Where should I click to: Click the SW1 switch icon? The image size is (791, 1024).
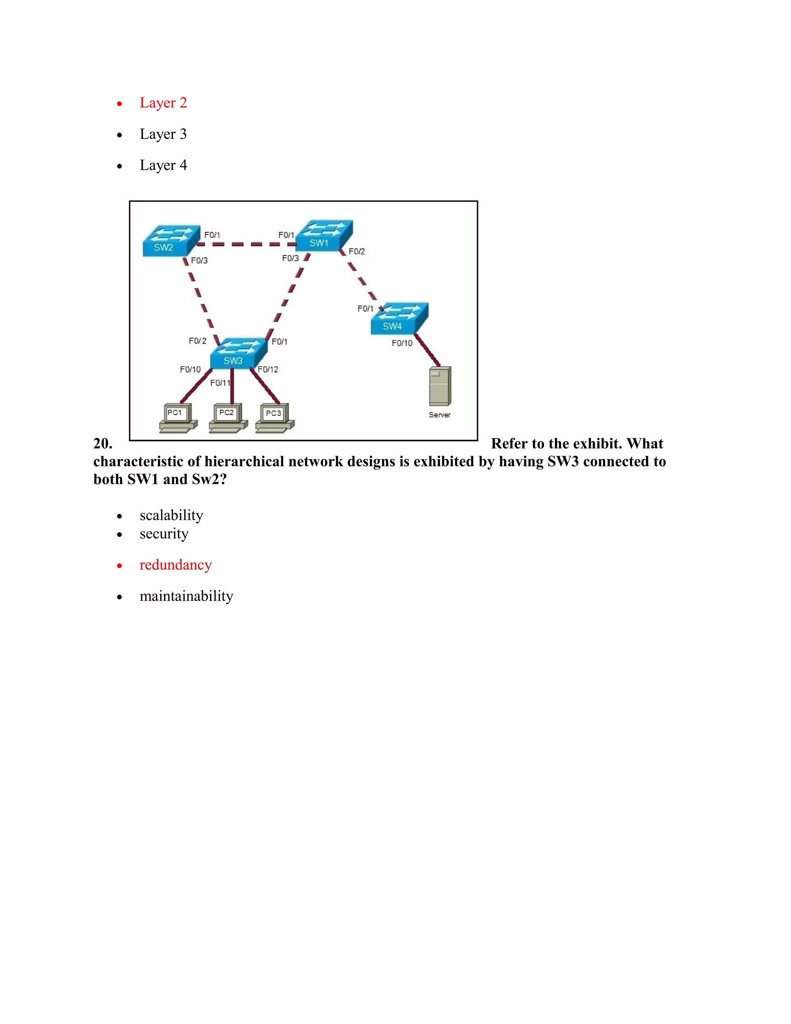click(x=324, y=236)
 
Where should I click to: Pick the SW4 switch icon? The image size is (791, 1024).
click(x=399, y=318)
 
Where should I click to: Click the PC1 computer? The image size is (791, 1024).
click(x=178, y=418)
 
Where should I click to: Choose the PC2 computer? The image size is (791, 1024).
click(x=228, y=418)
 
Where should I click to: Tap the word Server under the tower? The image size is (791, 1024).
click(x=440, y=415)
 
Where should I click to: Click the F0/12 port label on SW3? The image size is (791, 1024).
click(x=268, y=369)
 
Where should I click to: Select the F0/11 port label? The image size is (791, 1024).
click(x=220, y=383)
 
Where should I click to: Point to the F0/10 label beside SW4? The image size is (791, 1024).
click(x=402, y=343)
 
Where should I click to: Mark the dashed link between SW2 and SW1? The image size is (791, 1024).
click(x=246, y=244)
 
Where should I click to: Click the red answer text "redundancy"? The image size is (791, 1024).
click(x=176, y=565)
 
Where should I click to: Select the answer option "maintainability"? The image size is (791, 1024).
click(x=186, y=596)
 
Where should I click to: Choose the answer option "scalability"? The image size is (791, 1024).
click(x=171, y=515)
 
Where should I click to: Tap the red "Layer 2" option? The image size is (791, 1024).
click(x=163, y=103)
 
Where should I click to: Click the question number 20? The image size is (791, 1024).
click(x=103, y=444)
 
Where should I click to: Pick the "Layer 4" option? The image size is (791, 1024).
click(x=163, y=165)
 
